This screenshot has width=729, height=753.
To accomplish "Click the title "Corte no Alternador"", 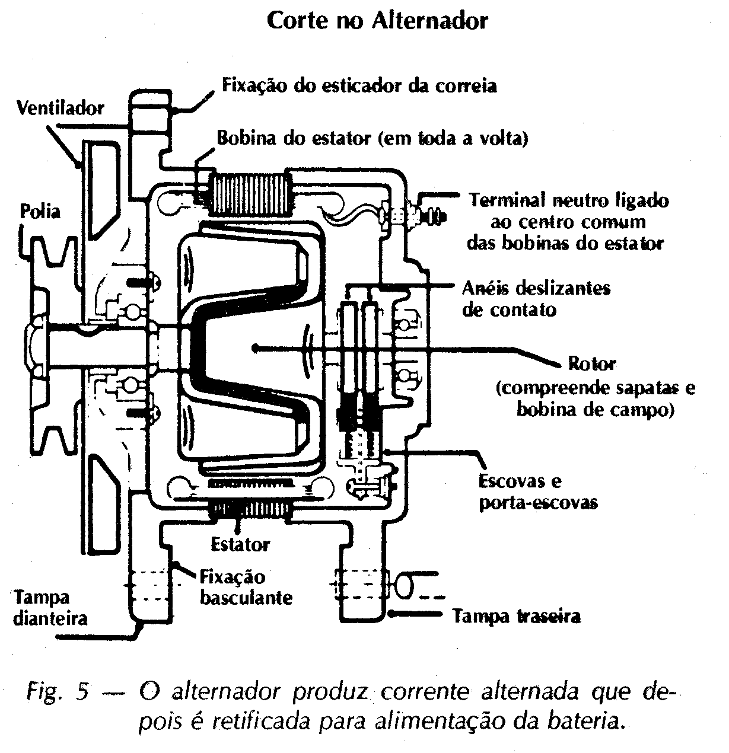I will (377, 20).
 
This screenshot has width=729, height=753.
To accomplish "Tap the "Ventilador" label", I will (61, 108).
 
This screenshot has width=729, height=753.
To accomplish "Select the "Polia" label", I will (40, 211).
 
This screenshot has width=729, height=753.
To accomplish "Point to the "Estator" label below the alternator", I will (240, 544).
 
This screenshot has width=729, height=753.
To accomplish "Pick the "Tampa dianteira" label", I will (50, 607).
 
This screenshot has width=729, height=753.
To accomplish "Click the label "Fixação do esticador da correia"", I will (359, 85).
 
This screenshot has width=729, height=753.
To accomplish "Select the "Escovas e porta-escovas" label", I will (537, 492).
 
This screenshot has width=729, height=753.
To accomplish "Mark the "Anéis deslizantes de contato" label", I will (536, 298).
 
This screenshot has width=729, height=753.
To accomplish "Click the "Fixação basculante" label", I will (246, 587).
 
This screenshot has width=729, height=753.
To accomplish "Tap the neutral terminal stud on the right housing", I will (426, 217).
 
